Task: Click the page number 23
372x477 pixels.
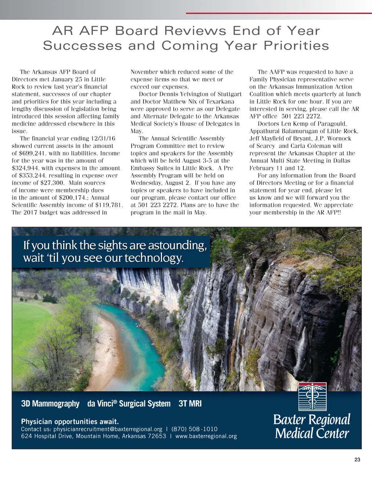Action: coord(357,460)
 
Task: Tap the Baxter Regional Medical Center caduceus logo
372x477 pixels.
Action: coord(312,397)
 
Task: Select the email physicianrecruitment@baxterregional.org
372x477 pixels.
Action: coord(108,429)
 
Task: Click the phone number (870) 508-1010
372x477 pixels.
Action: coord(194,429)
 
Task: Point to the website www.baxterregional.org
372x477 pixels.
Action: coord(206,436)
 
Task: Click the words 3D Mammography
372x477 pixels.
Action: coord(50,404)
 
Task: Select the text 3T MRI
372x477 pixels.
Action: coord(190,404)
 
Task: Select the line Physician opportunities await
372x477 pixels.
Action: coord(70,421)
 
